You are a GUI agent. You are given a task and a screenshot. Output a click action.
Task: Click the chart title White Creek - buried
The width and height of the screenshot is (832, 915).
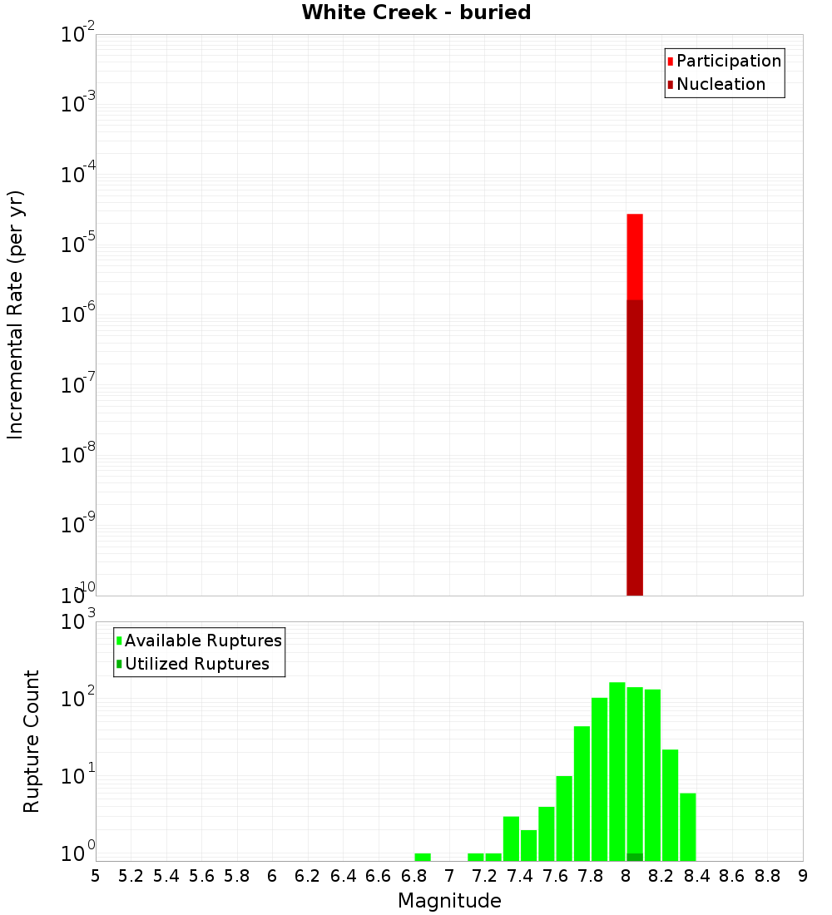tap(416, 12)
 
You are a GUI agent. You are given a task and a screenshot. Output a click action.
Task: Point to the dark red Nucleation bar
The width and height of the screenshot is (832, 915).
tap(635, 449)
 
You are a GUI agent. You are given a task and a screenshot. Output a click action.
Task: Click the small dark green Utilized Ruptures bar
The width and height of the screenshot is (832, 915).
tap(635, 857)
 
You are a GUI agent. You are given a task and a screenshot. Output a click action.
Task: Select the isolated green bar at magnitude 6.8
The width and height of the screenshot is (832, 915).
tap(423, 857)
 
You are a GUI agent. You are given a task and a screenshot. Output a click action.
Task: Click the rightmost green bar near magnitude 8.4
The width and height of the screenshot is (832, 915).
tap(688, 827)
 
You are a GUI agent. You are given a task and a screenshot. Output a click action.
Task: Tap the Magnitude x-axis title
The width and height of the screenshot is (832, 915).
tap(449, 901)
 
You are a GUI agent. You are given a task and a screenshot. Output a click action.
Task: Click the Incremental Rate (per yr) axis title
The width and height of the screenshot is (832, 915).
tap(16, 314)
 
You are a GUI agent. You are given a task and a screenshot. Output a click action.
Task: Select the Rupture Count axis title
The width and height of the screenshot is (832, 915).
tap(32, 741)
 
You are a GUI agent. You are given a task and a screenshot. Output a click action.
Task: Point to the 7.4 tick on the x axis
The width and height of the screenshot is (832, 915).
tap(520, 876)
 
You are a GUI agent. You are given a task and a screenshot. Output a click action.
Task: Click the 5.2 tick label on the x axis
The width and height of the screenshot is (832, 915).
tap(131, 876)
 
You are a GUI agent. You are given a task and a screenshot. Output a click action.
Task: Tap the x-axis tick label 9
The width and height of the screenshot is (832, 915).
tap(803, 876)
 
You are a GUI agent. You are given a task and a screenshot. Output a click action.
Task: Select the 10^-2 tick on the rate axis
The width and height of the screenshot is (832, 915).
tap(78, 35)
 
